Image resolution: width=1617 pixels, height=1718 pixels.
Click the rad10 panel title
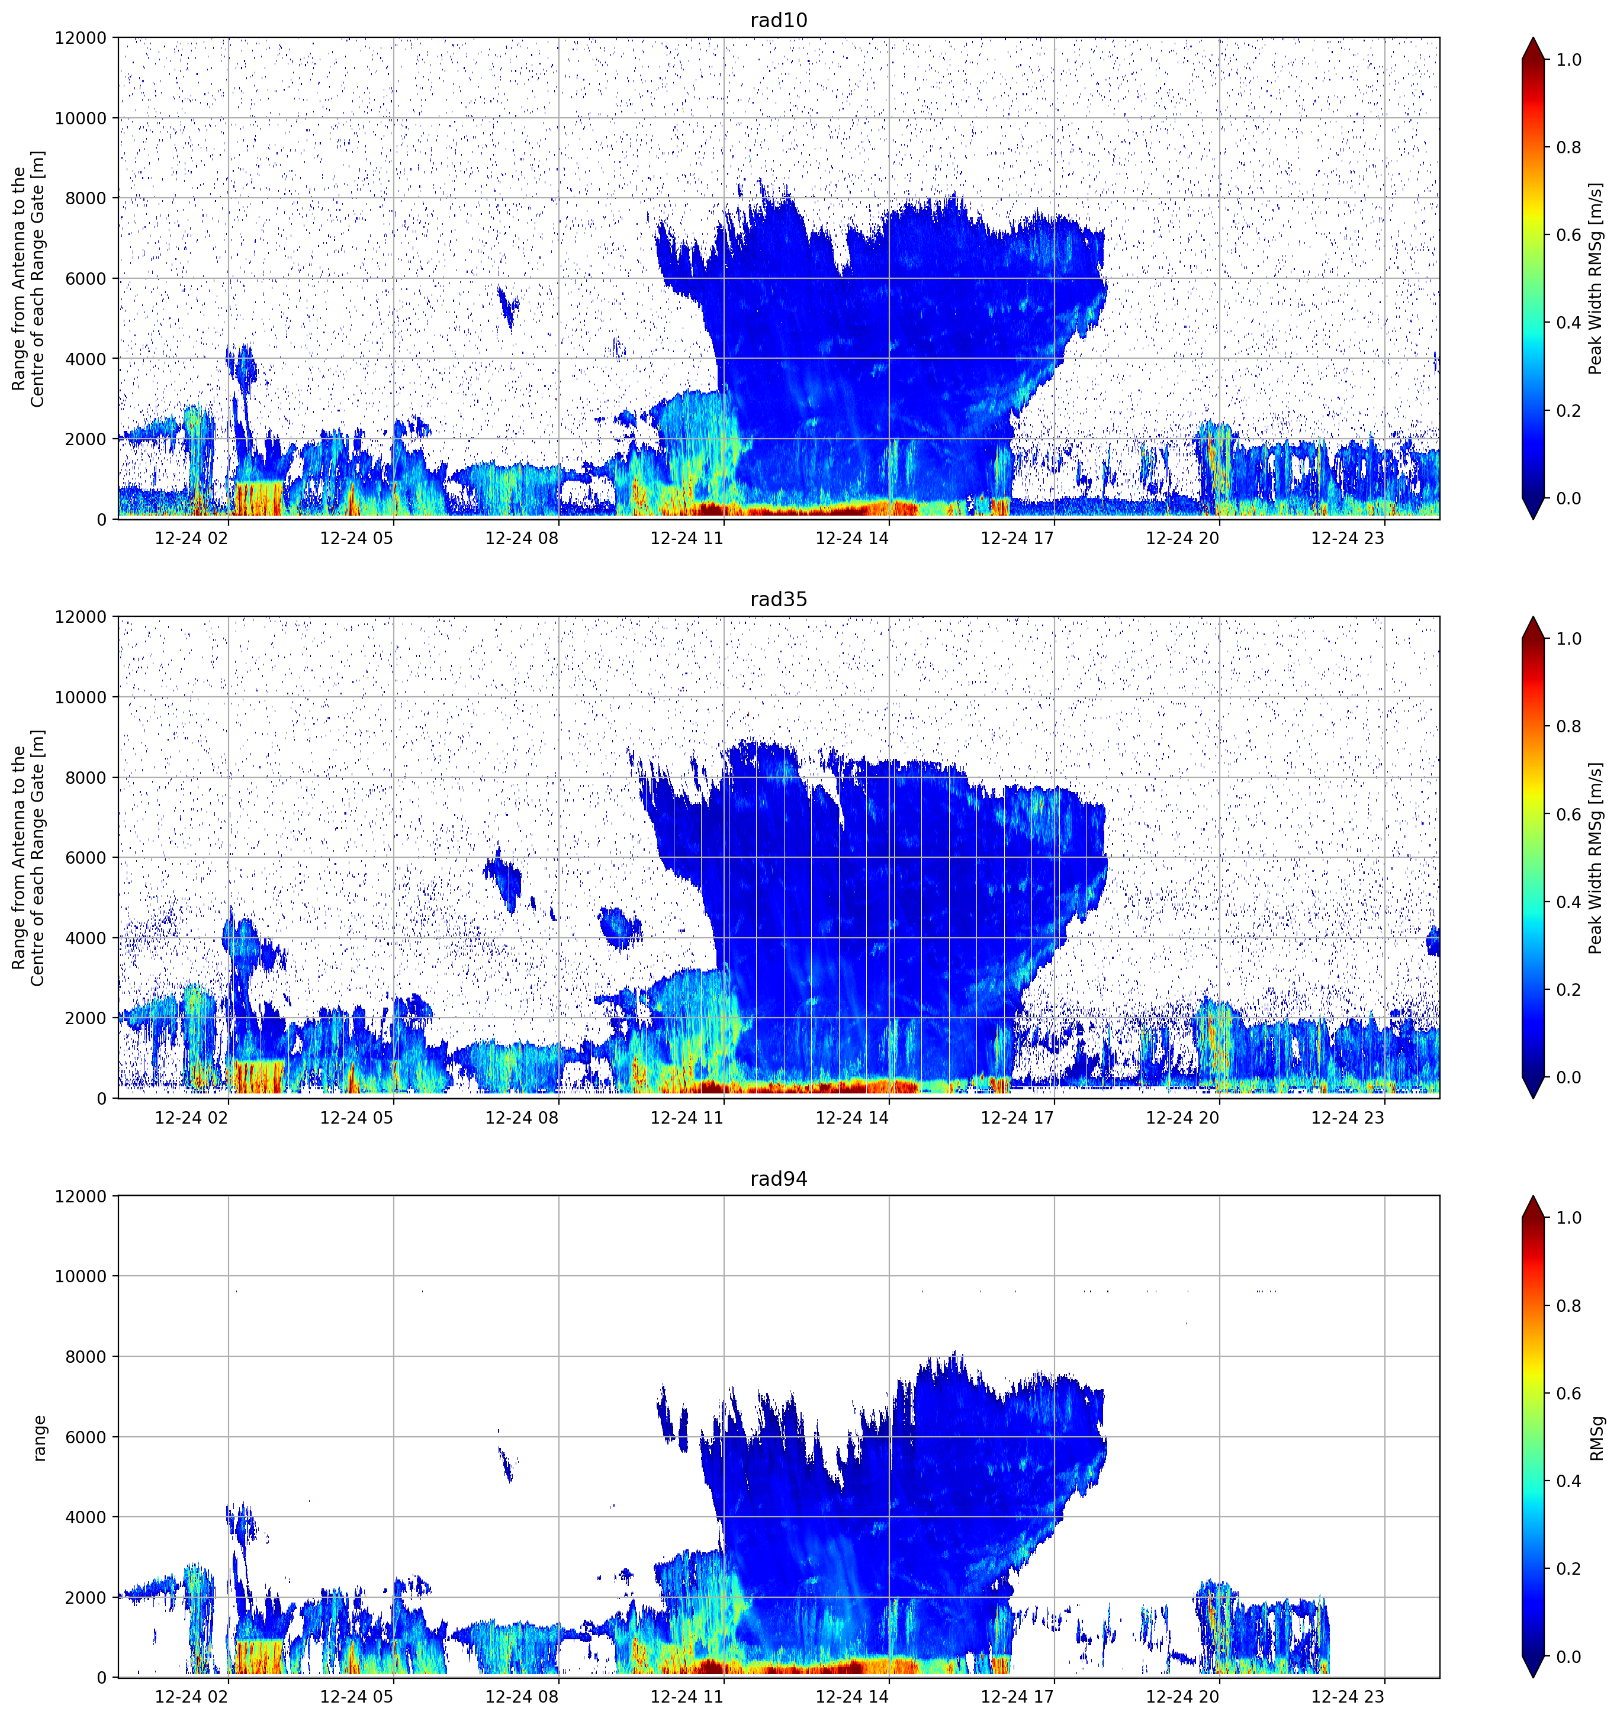(779, 20)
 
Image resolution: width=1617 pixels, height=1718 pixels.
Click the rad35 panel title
(779, 599)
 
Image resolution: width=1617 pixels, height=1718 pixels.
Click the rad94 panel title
(779, 1179)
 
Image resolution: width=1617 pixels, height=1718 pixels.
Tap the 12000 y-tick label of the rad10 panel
(81, 38)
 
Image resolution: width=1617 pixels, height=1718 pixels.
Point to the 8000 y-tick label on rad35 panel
(86, 778)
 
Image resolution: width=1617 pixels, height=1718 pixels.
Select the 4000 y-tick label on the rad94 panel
(86, 1517)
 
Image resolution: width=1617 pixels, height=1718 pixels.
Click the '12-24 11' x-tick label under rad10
(686, 538)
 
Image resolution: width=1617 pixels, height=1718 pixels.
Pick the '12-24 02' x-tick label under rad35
(191, 1117)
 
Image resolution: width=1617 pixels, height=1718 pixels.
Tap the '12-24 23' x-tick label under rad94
(1348, 1697)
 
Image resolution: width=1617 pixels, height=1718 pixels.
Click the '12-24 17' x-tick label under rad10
(1017, 538)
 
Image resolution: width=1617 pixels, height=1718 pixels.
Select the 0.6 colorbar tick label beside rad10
(1568, 235)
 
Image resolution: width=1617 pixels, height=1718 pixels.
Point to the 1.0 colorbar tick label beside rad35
(1568, 639)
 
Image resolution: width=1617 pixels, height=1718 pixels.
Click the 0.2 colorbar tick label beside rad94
(1568, 1568)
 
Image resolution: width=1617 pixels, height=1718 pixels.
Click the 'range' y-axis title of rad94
(40, 1438)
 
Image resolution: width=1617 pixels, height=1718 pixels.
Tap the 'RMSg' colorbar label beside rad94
(1596, 1438)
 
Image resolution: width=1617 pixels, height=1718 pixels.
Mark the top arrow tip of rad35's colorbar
(1532, 617)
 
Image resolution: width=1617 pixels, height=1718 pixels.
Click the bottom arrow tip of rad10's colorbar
(1532, 519)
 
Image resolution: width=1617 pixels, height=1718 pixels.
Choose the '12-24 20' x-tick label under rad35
(1182, 1117)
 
